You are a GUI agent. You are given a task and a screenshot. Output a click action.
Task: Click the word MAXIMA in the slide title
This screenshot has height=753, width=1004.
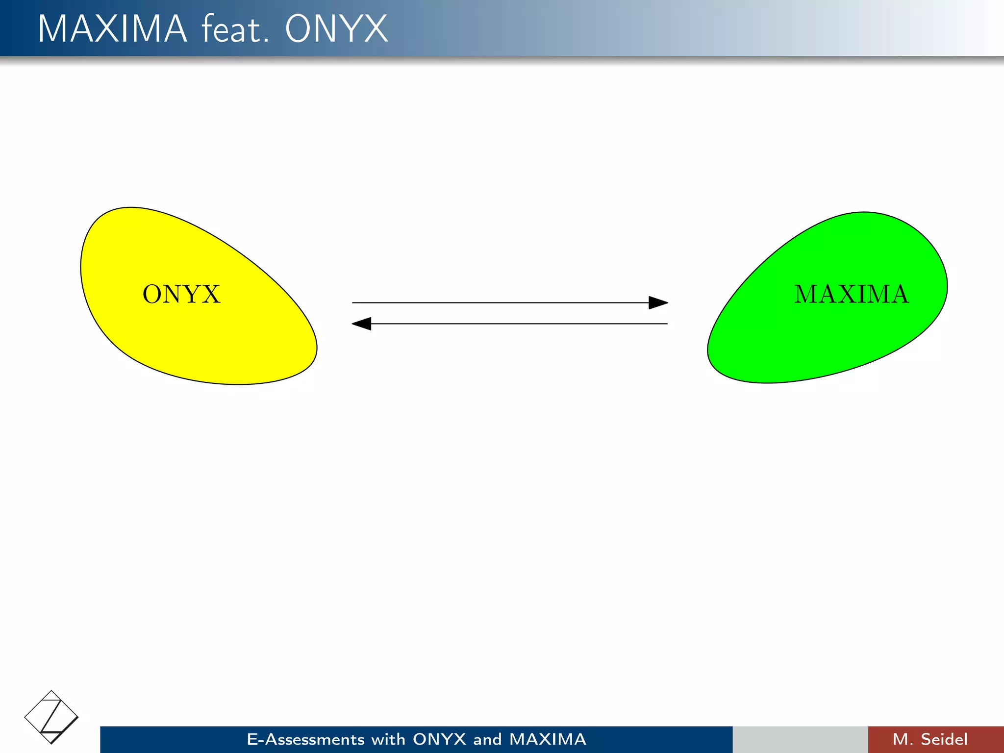[x=112, y=29]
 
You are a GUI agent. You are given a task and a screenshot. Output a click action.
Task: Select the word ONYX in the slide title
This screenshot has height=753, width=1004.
[x=336, y=29]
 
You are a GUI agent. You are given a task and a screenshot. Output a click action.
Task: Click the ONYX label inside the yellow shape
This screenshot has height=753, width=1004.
[x=181, y=294]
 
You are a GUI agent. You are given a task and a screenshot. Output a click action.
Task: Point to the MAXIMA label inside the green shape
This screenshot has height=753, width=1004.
[x=852, y=294]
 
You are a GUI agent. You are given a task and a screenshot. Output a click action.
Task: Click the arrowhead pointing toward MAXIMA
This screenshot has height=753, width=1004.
[x=658, y=302]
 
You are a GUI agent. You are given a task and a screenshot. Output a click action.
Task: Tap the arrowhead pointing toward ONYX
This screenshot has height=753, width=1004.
[x=362, y=324]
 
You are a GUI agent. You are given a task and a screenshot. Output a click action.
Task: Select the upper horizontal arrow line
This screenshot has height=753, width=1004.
[x=500, y=302]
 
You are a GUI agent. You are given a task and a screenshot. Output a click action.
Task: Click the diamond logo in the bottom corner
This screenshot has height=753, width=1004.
[x=51, y=717]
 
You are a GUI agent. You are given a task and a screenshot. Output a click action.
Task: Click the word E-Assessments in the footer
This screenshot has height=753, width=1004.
[x=305, y=739]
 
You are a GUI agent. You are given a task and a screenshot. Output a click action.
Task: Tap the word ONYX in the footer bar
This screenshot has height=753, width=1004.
[x=439, y=739]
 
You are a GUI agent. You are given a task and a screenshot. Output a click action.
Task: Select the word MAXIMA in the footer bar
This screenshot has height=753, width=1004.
[x=548, y=739]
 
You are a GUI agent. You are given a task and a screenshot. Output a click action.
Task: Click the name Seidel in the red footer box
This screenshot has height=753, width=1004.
[x=944, y=739]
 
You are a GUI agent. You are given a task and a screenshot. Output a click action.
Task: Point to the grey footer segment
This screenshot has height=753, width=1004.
[x=800, y=739]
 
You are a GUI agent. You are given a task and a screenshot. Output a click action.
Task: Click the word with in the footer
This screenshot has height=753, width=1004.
[x=388, y=739]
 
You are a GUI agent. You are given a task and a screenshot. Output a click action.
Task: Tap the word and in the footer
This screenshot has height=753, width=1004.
[x=487, y=739]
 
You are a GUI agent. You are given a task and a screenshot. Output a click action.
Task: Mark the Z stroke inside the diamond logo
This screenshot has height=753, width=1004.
[x=51, y=717]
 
